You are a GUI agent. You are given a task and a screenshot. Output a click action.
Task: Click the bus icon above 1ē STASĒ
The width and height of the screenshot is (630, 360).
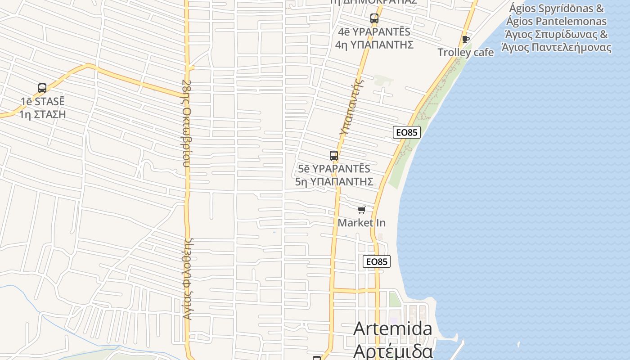coord(42,88)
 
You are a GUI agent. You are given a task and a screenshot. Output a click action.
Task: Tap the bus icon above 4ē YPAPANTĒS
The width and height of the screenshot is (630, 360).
coord(374,18)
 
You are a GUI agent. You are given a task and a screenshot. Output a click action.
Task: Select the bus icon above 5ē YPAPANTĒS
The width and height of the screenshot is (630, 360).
coord(333,156)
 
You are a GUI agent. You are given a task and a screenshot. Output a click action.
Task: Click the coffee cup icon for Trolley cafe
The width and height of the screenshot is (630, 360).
coord(466,40)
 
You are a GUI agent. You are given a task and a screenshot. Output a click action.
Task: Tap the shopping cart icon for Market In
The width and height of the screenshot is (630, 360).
coord(361,210)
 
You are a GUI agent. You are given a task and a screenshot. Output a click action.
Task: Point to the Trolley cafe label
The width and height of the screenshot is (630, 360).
coord(466,52)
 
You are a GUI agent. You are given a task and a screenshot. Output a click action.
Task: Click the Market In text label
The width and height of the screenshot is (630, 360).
coord(361,223)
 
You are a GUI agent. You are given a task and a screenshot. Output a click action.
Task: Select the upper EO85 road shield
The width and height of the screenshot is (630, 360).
coord(406,132)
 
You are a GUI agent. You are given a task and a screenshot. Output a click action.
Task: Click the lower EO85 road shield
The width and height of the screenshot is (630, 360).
coord(377,261)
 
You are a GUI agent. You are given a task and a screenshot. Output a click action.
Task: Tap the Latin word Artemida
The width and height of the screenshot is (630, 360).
coord(393,328)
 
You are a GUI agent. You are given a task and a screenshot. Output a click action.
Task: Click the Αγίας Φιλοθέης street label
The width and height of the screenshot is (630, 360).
coord(189,279)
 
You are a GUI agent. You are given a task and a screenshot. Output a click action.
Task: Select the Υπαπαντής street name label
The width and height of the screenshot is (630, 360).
coord(351,107)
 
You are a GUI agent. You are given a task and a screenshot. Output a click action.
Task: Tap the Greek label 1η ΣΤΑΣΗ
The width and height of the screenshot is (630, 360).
coord(43,114)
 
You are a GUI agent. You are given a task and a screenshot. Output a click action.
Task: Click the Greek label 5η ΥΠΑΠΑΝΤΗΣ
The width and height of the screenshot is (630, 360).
coord(334,181)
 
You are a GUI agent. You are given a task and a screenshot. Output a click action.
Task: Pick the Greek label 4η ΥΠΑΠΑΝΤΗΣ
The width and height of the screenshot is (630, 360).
coord(374,45)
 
